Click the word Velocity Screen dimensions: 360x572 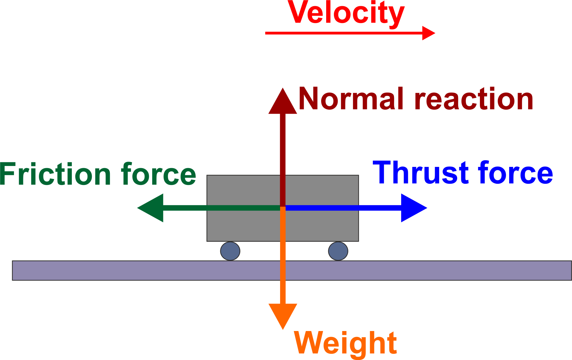click(x=346, y=13)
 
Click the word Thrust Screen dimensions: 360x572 click(x=420, y=173)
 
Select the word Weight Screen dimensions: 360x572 click(x=345, y=343)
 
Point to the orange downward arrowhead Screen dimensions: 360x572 click(x=283, y=315)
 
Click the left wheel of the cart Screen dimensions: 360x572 click(x=230, y=251)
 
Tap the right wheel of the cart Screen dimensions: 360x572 click(x=338, y=251)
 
